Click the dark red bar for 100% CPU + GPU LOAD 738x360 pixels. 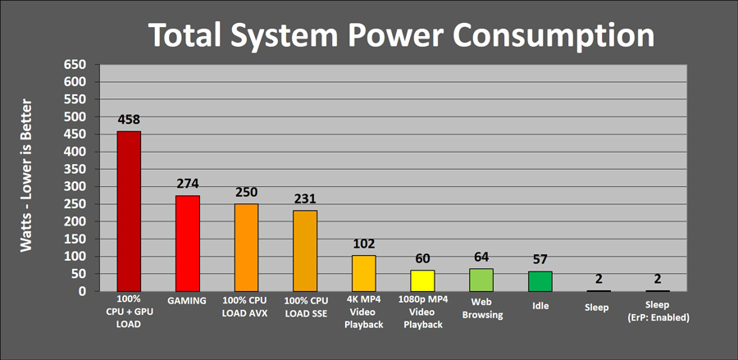[x=129, y=212]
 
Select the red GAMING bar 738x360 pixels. [x=188, y=244]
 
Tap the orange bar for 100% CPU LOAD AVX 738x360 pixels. [x=246, y=248]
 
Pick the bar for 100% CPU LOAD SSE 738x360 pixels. [x=305, y=251]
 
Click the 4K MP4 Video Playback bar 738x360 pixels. [x=364, y=273]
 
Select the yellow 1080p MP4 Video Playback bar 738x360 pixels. [x=422, y=281]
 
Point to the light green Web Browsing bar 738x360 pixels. [x=481, y=280]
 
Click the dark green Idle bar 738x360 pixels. [x=540, y=281]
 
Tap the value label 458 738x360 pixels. [x=129, y=120]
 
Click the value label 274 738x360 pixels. [x=188, y=184]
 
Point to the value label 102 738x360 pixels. [x=364, y=244]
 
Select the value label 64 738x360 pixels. [x=481, y=257]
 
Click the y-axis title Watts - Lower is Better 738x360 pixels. [x=26, y=175]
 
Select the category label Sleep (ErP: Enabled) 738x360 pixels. [x=658, y=312]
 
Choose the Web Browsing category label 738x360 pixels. [x=482, y=308]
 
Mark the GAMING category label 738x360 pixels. [x=187, y=301]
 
